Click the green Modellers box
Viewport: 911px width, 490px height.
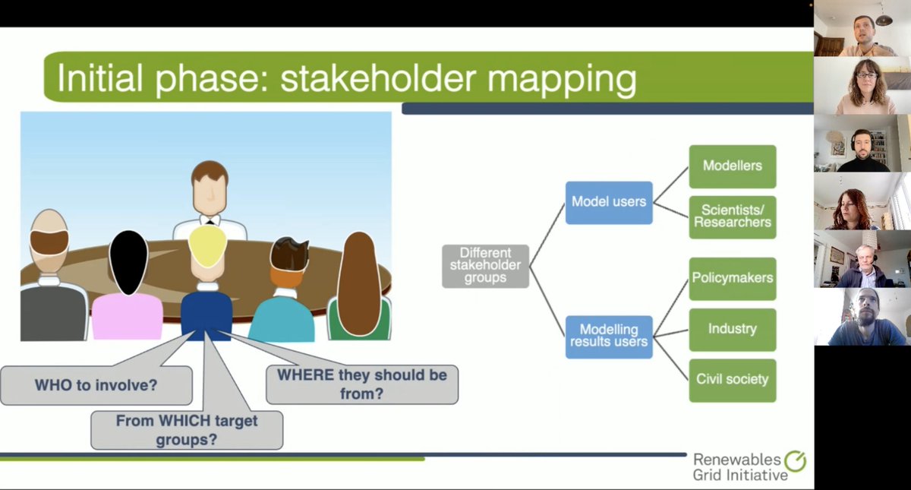point(732,166)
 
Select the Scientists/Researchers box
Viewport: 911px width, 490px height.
point(732,217)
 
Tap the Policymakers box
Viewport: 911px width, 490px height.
point(732,278)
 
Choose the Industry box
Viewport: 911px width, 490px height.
point(732,330)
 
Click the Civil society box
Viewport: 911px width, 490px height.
point(732,380)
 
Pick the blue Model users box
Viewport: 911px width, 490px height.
point(609,202)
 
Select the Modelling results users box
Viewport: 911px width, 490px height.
point(609,337)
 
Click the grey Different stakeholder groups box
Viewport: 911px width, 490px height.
point(485,266)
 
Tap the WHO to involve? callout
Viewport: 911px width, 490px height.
point(96,385)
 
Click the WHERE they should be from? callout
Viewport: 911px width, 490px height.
point(362,384)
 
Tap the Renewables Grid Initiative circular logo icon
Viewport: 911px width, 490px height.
point(796,461)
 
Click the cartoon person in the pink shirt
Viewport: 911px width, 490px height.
point(128,289)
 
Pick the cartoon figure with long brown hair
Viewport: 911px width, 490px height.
point(358,289)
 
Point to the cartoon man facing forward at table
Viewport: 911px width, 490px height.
point(209,198)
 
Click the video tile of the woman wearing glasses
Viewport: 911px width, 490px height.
point(862,86)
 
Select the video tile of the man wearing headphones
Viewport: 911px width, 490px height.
point(862,144)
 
